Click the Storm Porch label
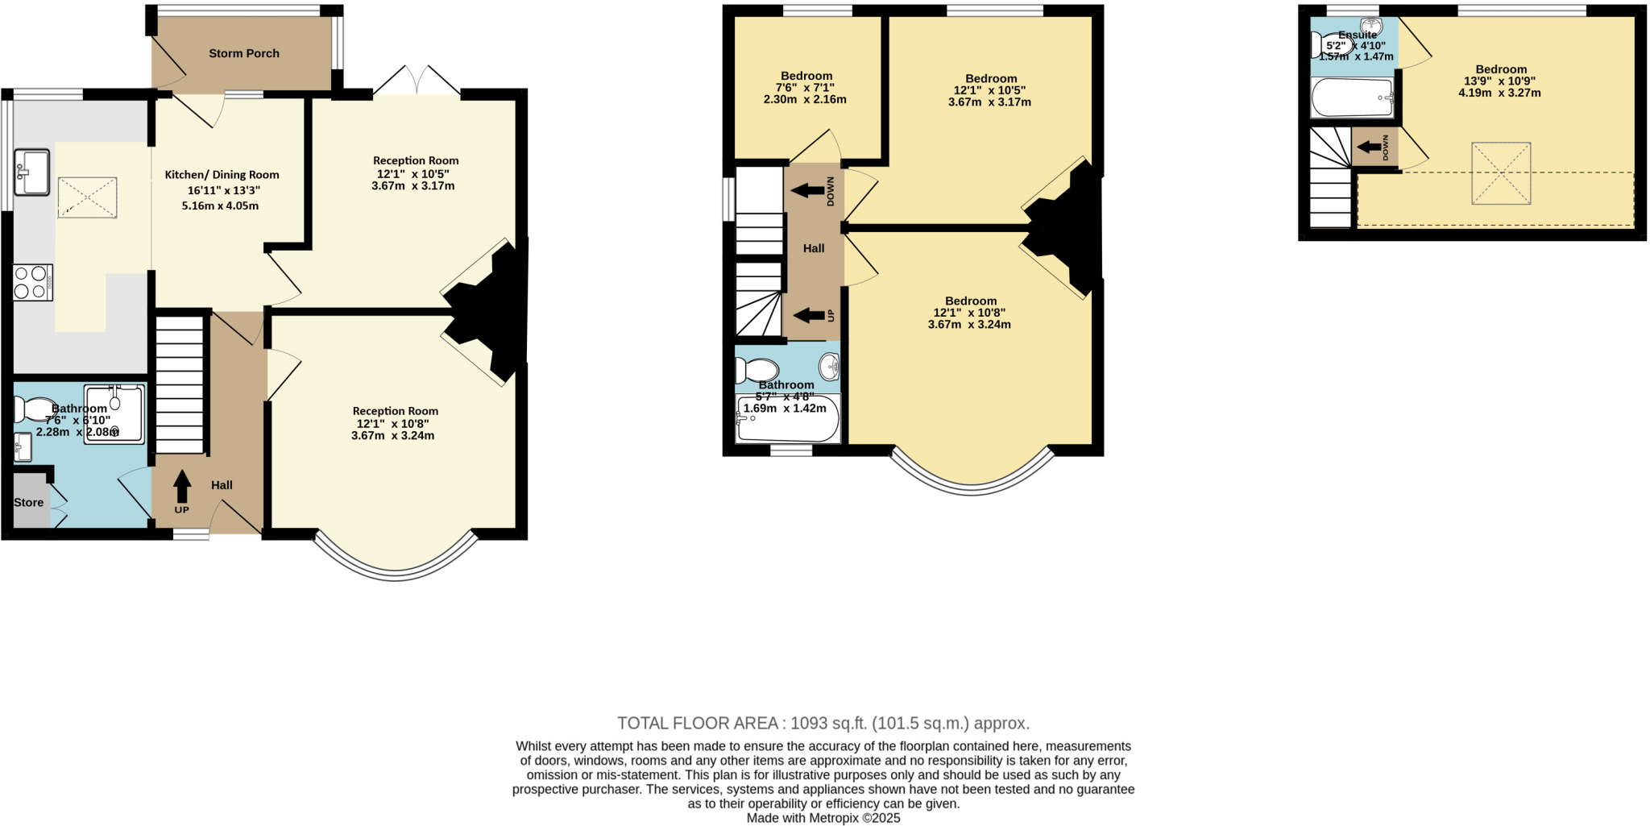(x=243, y=53)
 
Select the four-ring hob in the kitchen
(x=32, y=283)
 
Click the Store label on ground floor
(x=28, y=502)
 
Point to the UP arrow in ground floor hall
(x=182, y=487)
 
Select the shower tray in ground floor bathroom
(x=114, y=413)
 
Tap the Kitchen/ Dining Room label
(x=222, y=175)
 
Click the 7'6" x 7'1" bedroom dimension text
(x=805, y=88)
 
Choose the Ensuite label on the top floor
(x=1358, y=35)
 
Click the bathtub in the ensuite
(x=1352, y=98)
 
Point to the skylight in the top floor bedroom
(x=1500, y=173)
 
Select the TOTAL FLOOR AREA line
(x=823, y=723)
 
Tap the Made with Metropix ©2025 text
(x=823, y=818)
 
